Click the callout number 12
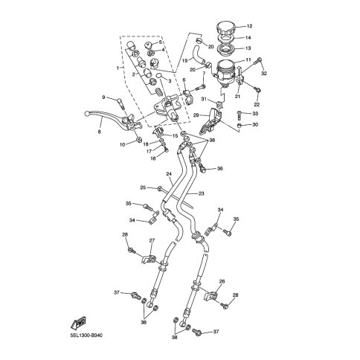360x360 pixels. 249,26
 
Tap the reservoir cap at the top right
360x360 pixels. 225,29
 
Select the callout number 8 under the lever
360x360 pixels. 100,132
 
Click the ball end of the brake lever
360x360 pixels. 86,114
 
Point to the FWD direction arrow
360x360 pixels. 78,322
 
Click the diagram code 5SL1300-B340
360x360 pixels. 85,335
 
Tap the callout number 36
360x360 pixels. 219,169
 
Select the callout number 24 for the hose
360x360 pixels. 169,174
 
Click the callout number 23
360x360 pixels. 201,193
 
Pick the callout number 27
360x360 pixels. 152,240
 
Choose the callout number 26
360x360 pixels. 222,281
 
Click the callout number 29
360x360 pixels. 196,115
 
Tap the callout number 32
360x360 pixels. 264,73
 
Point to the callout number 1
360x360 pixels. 118,68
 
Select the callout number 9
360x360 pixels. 103,97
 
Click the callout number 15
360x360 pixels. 175,136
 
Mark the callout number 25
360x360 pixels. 143,187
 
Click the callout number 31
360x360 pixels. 204,99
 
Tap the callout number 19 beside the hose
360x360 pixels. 185,60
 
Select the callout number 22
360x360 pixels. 257,105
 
